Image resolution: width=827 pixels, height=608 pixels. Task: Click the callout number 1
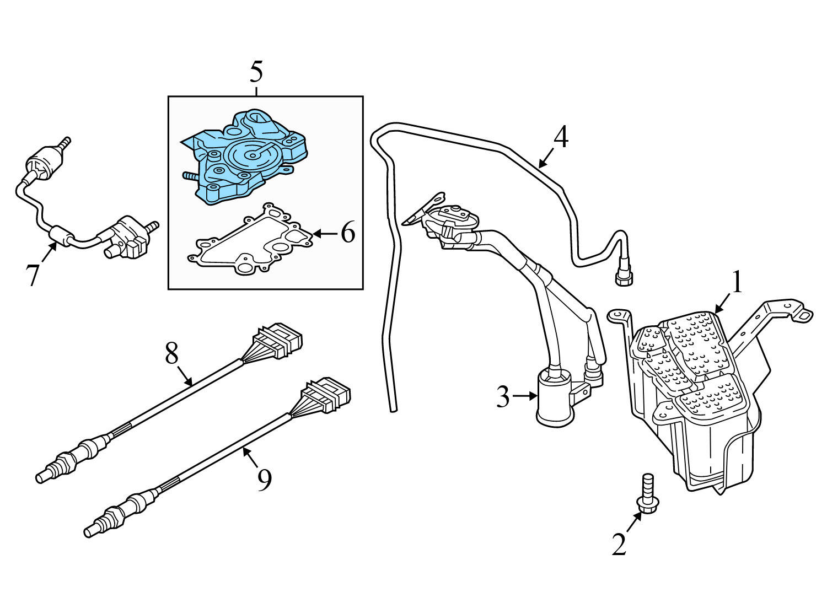tap(737, 282)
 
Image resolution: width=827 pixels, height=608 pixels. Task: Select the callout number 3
tap(502, 396)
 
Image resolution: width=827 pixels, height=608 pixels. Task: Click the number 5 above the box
tap(256, 72)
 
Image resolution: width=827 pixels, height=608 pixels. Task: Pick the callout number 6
tap(347, 233)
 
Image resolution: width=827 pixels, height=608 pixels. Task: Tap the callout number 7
tap(33, 274)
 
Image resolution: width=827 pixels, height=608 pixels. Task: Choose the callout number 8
tap(172, 353)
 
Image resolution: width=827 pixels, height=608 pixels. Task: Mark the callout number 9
tap(265, 480)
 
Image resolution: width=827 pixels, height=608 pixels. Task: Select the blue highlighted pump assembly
tap(248, 157)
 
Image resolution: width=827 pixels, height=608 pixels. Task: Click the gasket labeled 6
tap(251, 243)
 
